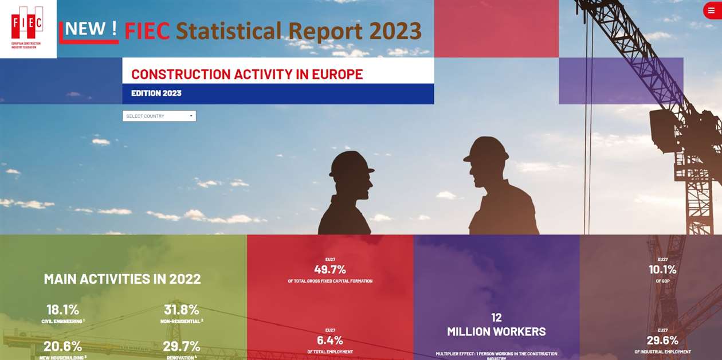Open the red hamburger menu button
[711, 11]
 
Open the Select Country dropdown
[159, 116]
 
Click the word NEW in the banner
[86, 29]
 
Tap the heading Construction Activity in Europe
[247, 75]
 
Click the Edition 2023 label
[156, 93]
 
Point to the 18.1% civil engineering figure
[63, 310]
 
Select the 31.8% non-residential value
[182, 310]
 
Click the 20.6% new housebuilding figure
[63, 346]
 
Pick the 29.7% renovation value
[182, 346]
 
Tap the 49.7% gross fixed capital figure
[330, 269]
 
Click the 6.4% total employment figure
[330, 340]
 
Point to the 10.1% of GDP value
[662, 269]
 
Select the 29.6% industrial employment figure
[662, 340]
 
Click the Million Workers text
[496, 331]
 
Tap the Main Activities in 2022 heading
[123, 279]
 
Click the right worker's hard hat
[487, 149]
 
